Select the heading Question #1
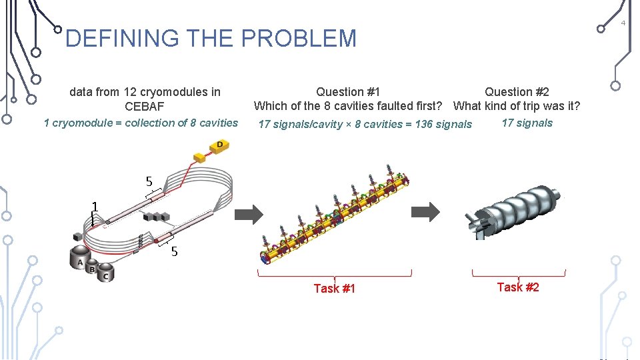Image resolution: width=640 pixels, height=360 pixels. [348, 92]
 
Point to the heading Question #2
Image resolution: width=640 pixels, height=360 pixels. [517, 92]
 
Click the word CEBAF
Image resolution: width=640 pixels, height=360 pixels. [144, 107]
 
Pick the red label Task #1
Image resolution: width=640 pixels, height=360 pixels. [334, 289]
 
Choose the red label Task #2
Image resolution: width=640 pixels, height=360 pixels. [518, 287]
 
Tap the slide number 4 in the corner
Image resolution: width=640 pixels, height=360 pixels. [623, 23]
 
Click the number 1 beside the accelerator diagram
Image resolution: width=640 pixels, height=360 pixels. [95, 207]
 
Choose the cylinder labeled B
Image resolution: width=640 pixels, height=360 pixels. [93, 269]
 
